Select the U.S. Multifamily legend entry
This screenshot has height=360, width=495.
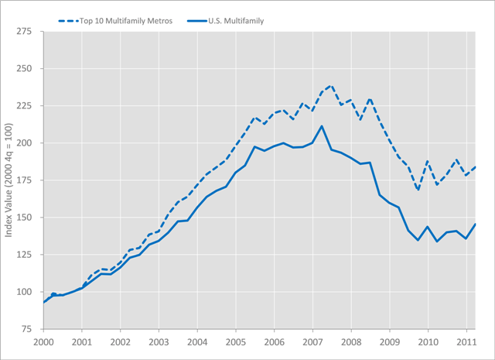coord(235,21)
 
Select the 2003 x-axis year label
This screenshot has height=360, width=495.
coord(158,341)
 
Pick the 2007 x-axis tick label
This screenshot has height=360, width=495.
coord(312,341)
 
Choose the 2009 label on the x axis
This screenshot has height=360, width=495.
coord(389,341)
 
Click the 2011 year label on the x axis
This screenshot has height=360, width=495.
coord(466,341)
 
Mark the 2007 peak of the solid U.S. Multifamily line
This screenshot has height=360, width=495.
coord(322,125)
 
